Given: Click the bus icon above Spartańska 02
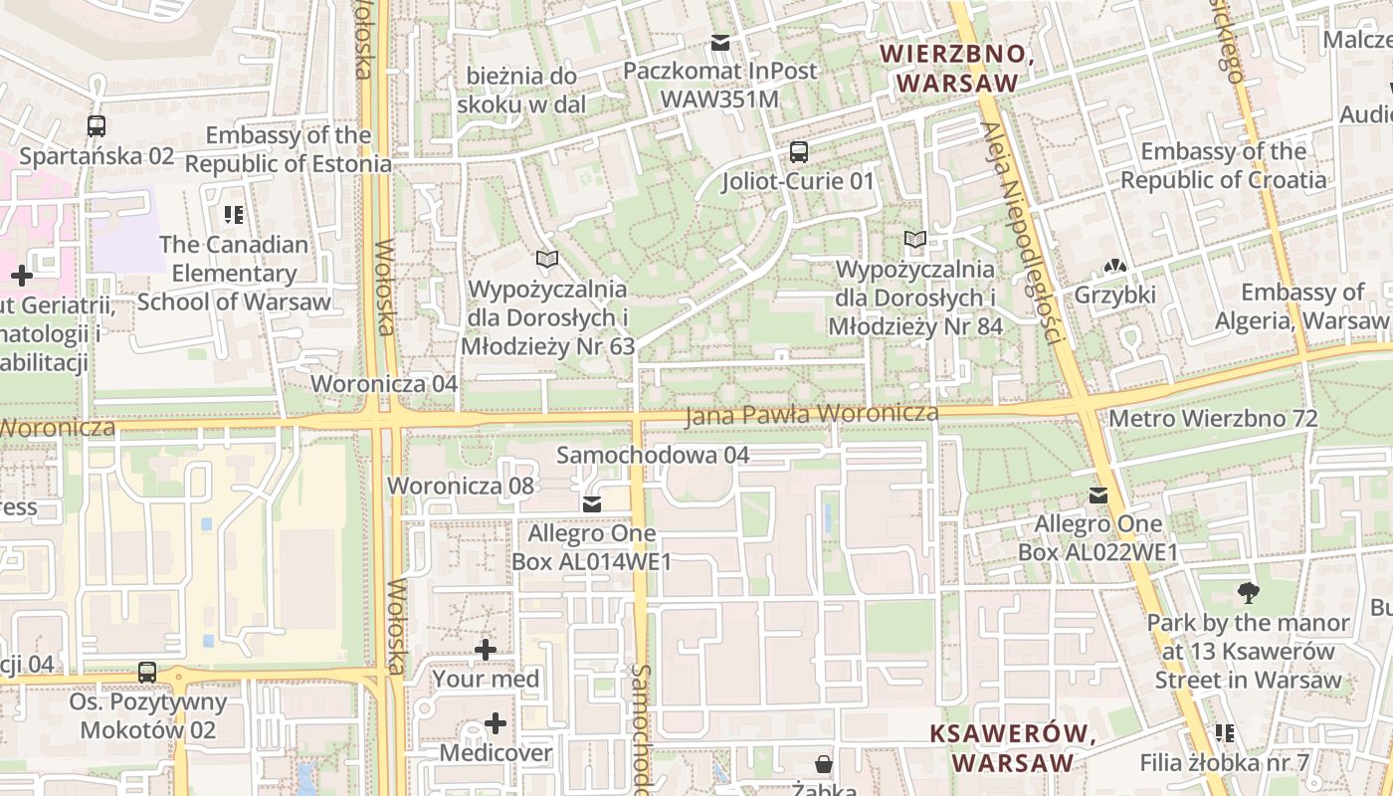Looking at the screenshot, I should [97, 126].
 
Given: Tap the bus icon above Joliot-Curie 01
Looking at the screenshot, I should [798, 152].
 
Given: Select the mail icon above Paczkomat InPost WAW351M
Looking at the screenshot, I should [720, 43].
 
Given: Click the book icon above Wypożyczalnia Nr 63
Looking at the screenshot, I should [546, 260].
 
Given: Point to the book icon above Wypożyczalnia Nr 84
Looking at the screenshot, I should [914, 240].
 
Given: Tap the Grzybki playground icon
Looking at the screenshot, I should [1114, 267].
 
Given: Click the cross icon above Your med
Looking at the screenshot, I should [486, 651].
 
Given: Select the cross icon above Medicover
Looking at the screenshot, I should [495, 723].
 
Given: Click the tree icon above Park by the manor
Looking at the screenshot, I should [1248, 594].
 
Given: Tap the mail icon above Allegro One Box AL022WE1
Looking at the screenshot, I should [1098, 495].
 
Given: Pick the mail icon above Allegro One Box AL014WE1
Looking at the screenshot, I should [592, 504].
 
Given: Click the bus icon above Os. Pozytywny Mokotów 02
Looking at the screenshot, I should [147, 673].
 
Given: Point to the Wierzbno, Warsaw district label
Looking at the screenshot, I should [958, 69].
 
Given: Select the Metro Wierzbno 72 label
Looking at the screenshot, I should [1212, 418].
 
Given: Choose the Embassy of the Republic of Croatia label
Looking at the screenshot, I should [1223, 165].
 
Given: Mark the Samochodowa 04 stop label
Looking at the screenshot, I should [652, 455].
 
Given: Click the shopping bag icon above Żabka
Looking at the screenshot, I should [824, 764].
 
